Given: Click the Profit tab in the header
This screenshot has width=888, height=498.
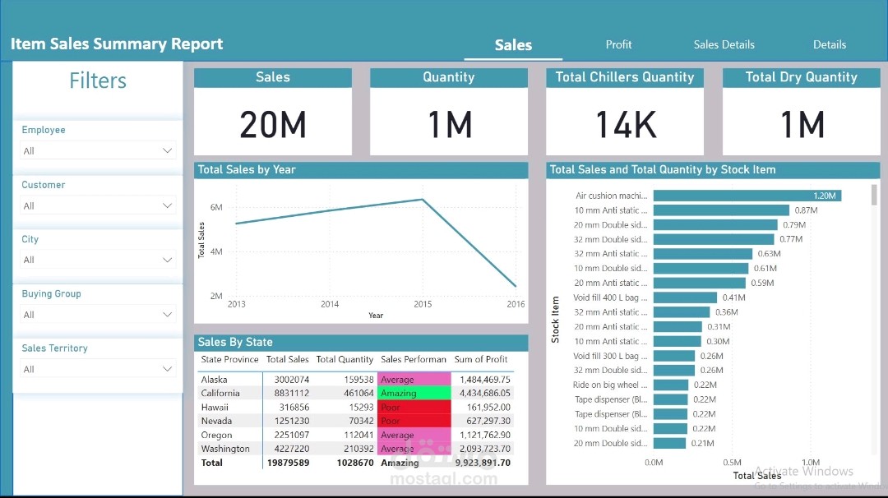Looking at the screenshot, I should click(618, 44).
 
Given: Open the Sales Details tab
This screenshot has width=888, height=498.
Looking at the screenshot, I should click(724, 44).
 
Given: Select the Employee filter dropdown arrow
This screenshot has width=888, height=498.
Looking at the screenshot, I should click(168, 151).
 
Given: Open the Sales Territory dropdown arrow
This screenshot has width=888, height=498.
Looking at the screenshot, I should click(168, 370).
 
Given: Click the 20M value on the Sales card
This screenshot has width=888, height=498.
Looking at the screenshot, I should click(273, 125).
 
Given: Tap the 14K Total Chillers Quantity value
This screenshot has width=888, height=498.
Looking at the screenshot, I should click(625, 125).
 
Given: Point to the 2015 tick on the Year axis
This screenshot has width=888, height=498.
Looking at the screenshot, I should click(423, 304).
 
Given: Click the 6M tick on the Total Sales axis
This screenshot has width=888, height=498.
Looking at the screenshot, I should click(216, 208).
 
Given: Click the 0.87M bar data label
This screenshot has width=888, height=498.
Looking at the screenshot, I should click(806, 210).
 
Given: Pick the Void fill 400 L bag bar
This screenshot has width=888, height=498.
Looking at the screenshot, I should click(683, 297).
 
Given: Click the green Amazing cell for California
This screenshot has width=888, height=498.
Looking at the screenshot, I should click(414, 394).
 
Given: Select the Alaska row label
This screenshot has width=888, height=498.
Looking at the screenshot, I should click(215, 380).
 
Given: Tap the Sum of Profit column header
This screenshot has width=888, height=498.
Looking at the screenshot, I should click(481, 359).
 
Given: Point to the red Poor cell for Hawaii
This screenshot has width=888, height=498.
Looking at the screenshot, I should click(414, 408).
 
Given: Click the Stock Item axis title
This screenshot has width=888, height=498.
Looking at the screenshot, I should click(556, 319).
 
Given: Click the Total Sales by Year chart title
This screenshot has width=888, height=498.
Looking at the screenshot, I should click(247, 170).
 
